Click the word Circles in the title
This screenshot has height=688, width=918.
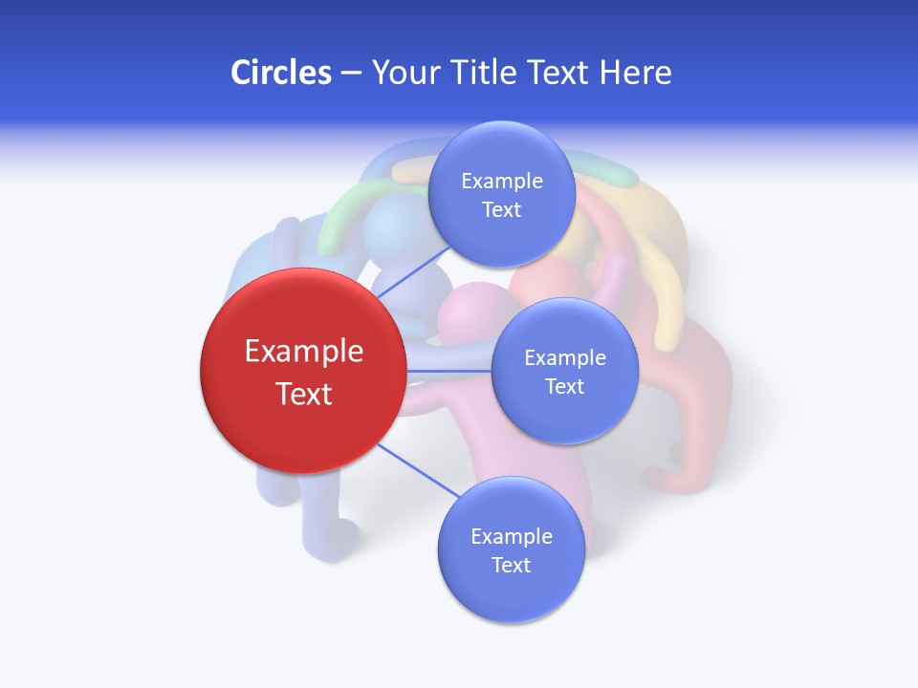click(280, 73)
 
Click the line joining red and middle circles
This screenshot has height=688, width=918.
click(448, 371)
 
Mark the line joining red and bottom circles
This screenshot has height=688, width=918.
click(418, 470)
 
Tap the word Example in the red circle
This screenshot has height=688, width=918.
click(304, 352)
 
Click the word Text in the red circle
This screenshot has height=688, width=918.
click(304, 394)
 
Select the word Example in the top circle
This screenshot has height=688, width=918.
click(502, 181)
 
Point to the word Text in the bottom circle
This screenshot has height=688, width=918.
click(511, 565)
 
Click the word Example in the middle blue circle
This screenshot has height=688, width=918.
click(565, 357)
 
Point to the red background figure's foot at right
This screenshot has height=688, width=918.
click(669, 478)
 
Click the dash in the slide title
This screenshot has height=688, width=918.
click(351, 74)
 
